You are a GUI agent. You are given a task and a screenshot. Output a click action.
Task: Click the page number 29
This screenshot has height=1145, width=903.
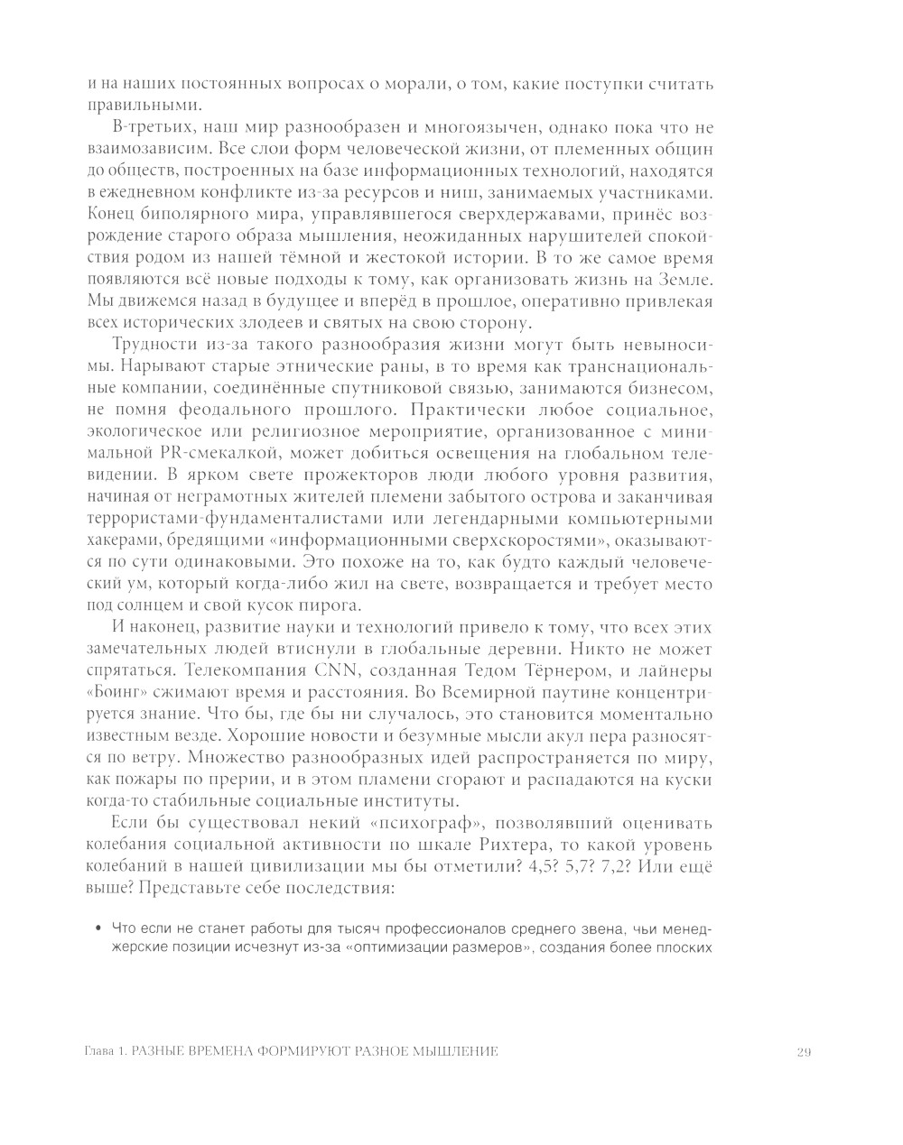tap(805, 1051)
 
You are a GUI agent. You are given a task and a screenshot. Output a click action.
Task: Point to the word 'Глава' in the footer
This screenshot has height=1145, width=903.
tap(100, 1051)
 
